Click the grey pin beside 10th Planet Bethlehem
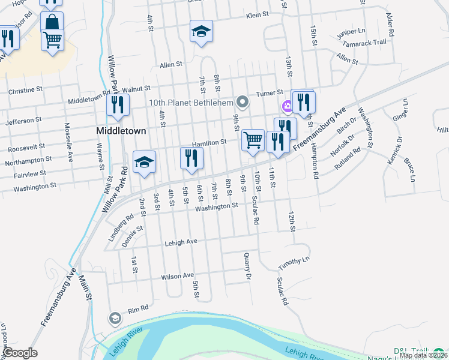(x=242, y=101)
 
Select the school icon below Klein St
(x=202, y=32)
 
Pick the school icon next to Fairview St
(x=144, y=162)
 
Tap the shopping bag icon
(x=52, y=23)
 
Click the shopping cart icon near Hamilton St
(x=253, y=140)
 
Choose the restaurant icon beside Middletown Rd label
(x=118, y=105)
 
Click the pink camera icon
(x=288, y=107)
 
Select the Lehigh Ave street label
(x=181, y=242)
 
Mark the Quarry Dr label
(x=247, y=266)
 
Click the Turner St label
(x=270, y=93)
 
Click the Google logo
(x=20, y=353)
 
